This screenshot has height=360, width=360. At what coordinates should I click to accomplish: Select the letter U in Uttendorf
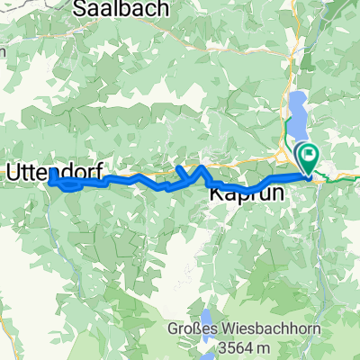(14, 170)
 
